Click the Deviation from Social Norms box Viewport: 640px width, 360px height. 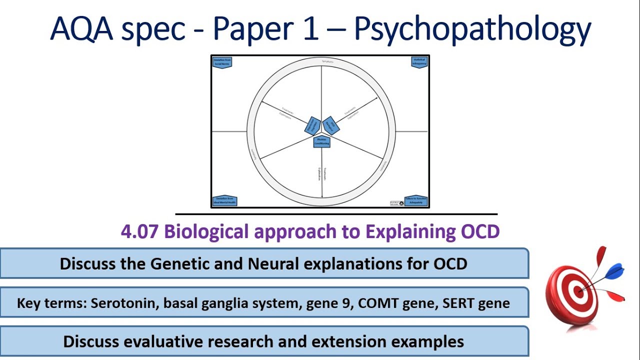click(x=222, y=62)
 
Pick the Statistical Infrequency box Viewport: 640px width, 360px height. click(x=419, y=62)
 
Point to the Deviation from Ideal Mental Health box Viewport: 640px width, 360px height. click(x=224, y=200)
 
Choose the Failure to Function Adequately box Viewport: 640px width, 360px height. click(x=415, y=200)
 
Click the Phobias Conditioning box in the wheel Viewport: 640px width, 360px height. click(x=322, y=142)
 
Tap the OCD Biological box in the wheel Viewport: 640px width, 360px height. click(x=330, y=124)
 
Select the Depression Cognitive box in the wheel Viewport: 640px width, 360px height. click(x=312, y=125)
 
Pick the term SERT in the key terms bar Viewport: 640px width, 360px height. click(x=457, y=303)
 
